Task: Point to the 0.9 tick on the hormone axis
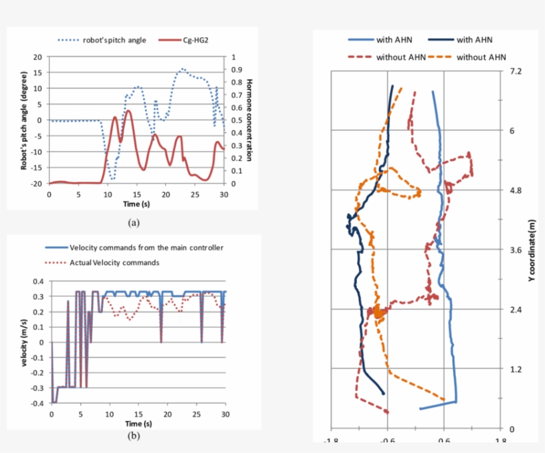pyautogui.click(x=237, y=70)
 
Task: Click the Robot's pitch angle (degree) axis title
pyautogui.click(x=24, y=120)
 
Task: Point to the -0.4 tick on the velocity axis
pyautogui.click(x=39, y=403)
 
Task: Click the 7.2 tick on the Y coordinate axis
pyautogui.click(x=516, y=71)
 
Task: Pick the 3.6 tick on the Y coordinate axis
pyautogui.click(x=516, y=249)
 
